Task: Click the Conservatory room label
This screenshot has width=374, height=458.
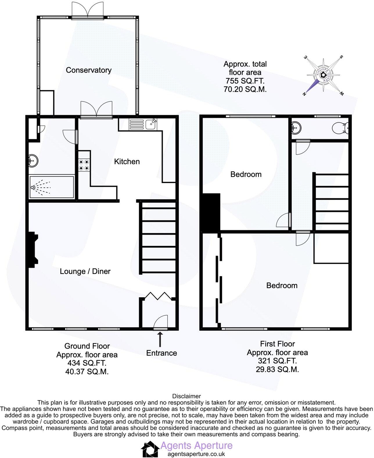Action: pos(89,70)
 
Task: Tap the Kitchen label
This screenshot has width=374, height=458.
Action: pos(127,162)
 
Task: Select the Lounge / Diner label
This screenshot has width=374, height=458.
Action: pos(85,271)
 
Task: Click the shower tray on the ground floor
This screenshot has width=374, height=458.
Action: pos(52,187)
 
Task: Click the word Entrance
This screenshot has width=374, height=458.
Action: pos(161,353)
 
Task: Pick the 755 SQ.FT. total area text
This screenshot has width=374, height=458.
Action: pos(245,81)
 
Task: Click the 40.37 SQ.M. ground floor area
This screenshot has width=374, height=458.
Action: pos(87,371)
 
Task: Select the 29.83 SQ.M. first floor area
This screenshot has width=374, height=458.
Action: pos(277,369)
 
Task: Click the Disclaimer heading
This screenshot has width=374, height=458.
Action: pos(186,396)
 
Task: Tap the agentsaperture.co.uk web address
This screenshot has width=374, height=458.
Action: pos(196,454)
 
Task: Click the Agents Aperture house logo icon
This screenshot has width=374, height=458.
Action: pos(150,449)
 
